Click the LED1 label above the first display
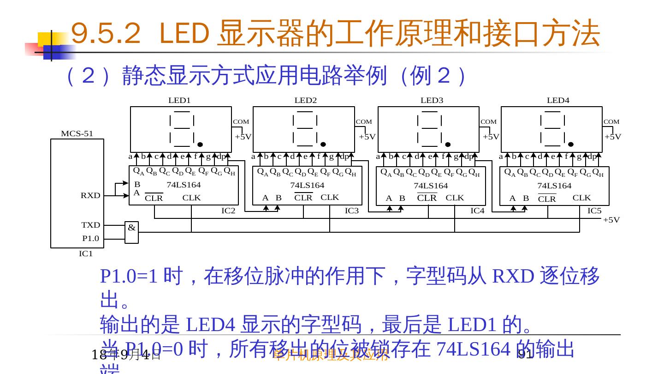[x=179, y=100]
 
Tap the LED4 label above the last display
[x=558, y=100]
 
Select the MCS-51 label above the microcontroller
[x=77, y=133]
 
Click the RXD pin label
[x=90, y=195]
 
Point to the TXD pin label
[x=91, y=225]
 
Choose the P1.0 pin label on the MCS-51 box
[x=91, y=238]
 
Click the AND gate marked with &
[x=131, y=232]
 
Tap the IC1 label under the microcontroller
[x=86, y=253]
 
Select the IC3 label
[x=352, y=211]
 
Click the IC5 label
[x=594, y=211]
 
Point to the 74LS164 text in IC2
[x=184, y=185]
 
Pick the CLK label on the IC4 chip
[x=455, y=197]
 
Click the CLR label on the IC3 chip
[x=303, y=198]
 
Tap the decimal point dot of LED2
[x=323, y=144]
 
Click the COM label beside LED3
[x=489, y=122]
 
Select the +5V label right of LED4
[x=613, y=137]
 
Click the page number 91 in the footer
[x=525, y=355]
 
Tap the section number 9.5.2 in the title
[x=106, y=34]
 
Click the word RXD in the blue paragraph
[x=513, y=276]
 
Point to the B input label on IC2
[x=137, y=184]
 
